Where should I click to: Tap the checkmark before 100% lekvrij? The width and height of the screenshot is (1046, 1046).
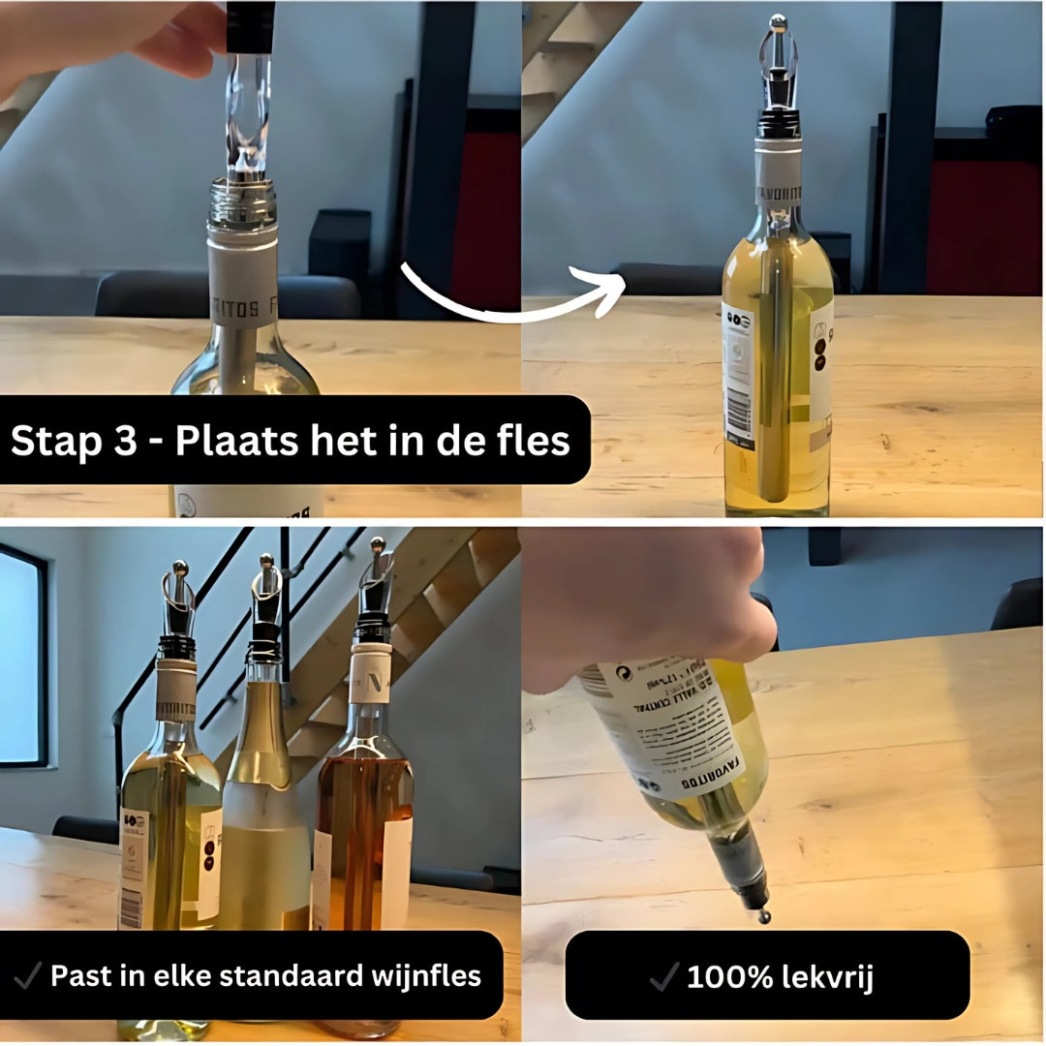click(x=664, y=977)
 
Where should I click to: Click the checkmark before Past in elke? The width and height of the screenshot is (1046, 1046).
click(x=29, y=975)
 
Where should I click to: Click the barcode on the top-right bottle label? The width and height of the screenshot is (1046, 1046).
click(x=740, y=414)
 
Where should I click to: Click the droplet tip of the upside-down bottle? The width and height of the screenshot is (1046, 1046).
click(x=764, y=915)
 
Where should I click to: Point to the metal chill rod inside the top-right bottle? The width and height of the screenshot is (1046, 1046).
click(x=775, y=378)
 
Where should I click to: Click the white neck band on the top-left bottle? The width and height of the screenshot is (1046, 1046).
click(x=243, y=281)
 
